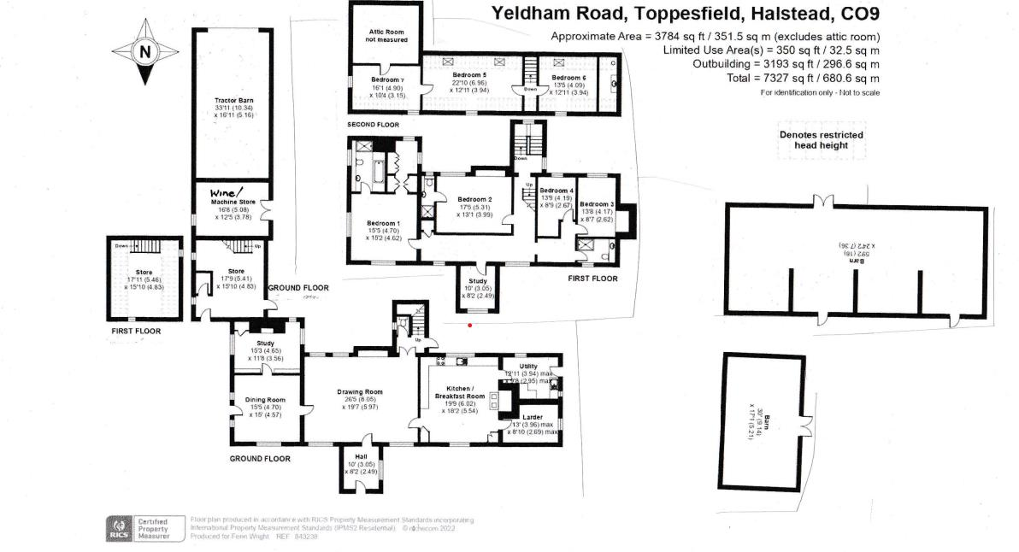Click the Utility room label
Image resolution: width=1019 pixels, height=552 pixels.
528,366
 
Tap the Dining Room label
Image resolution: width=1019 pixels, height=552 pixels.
265,400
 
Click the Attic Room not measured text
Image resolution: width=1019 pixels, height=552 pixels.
386,35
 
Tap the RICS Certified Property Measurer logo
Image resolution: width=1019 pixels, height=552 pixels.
136,527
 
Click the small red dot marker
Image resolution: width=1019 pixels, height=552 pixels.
469,325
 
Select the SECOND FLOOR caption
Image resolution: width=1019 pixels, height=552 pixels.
374,125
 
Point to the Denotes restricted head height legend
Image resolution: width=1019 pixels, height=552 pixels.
821,140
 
